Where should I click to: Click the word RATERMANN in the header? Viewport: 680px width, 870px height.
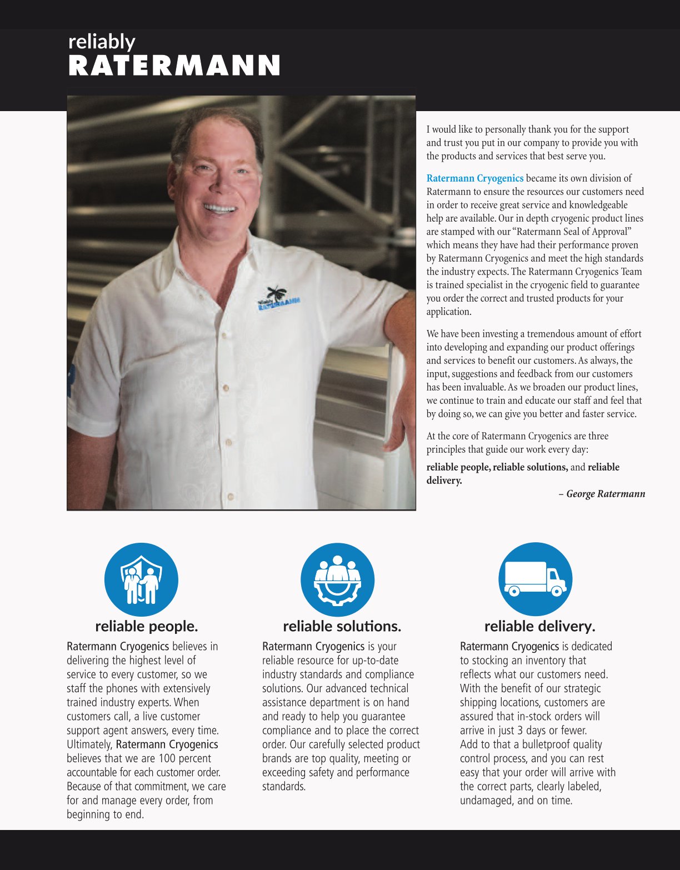click(x=174, y=66)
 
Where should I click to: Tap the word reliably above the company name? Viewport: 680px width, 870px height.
click(x=102, y=42)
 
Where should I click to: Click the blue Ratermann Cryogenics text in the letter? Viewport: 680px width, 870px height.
click(x=474, y=178)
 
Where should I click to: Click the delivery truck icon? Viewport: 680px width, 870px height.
click(x=535, y=579)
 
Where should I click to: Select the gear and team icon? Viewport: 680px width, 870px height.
click(x=337, y=579)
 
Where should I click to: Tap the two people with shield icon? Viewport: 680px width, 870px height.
click(x=141, y=579)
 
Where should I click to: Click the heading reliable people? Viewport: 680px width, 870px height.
click(x=146, y=626)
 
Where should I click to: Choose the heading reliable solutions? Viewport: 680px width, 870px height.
click(x=342, y=626)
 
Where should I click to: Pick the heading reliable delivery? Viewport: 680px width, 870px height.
click(x=539, y=626)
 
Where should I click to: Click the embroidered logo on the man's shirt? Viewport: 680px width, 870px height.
click(x=278, y=298)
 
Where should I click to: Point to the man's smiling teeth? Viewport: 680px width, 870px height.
click(x=221, y=209)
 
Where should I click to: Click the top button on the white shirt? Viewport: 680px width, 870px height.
click(x=224, y=336)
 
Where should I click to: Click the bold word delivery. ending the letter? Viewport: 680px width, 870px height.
click(x=444, y=481)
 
